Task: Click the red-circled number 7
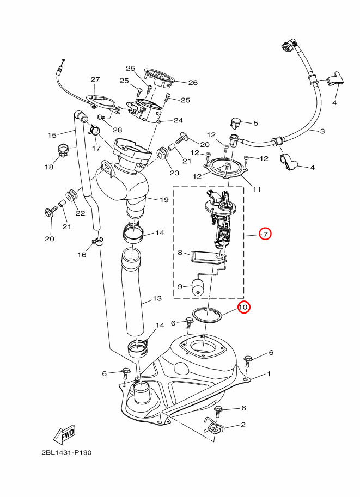[x=265, y=234]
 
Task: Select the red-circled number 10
[x=244, y=307]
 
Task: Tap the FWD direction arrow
[x=64, y=434]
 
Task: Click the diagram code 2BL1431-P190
[x=66, y=452]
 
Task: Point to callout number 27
[x=95, y=79]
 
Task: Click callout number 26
[x=193, y=82]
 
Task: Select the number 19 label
[x=164, y=200]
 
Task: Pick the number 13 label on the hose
[x=157, y=298]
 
